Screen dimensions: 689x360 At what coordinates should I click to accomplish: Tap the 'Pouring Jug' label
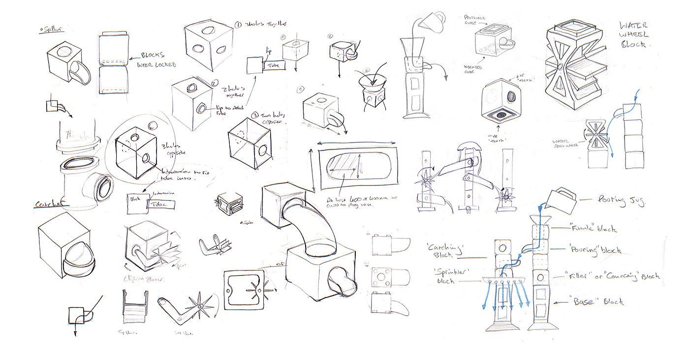[621, 200]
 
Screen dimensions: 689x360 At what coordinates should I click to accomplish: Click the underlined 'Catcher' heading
[49, 205]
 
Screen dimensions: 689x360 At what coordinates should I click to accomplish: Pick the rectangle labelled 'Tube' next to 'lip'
[274, 65]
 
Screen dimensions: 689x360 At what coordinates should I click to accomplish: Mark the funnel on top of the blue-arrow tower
[536, 219]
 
